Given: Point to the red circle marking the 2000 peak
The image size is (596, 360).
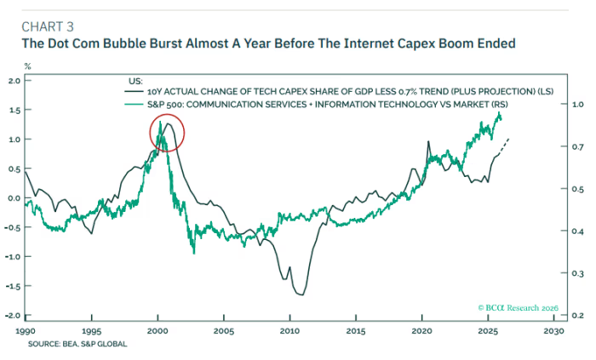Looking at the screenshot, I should tap(167, 134).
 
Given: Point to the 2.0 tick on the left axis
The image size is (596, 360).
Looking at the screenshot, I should tap(13, 81).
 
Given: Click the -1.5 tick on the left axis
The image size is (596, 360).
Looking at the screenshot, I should tap(11, 286).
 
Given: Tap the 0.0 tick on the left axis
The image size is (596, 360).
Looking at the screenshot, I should tap(13, 198).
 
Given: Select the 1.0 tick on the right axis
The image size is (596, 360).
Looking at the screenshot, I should tap(573, 105).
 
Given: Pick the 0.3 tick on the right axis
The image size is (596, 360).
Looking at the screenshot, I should tap(573, 273).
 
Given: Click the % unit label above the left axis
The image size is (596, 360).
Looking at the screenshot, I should tap(27, 65).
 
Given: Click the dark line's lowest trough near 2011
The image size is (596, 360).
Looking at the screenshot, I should tap(300, 294).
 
